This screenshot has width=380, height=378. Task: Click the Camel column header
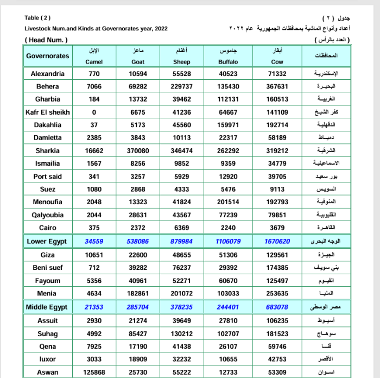pos(94,62)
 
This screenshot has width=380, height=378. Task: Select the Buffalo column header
pos(228,62)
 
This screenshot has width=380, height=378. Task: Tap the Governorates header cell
pos(48,56)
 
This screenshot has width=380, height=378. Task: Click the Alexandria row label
pos(48,74)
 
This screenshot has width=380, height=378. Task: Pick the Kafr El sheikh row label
pos(48,112)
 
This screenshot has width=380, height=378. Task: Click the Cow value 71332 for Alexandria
pos(277,74)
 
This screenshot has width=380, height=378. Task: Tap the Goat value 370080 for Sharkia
pos(138,151)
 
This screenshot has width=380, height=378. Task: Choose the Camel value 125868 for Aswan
pos(94,372)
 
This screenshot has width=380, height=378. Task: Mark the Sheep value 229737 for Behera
pos(182,87)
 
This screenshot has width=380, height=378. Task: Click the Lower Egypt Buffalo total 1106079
pos(228,241)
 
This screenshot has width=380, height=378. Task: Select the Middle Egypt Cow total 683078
pos(277,307)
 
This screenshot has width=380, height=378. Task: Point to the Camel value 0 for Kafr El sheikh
pos(94,112)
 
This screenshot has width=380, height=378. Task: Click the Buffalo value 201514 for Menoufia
pos(228,202)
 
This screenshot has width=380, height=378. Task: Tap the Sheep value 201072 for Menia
pos(182,294)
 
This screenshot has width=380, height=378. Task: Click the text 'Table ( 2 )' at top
pos(37,18)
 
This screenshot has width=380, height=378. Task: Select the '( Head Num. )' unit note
pos(46,40)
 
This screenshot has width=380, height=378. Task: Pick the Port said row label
pos(48,177)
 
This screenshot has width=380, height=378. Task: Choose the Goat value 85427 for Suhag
pos(138,334)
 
